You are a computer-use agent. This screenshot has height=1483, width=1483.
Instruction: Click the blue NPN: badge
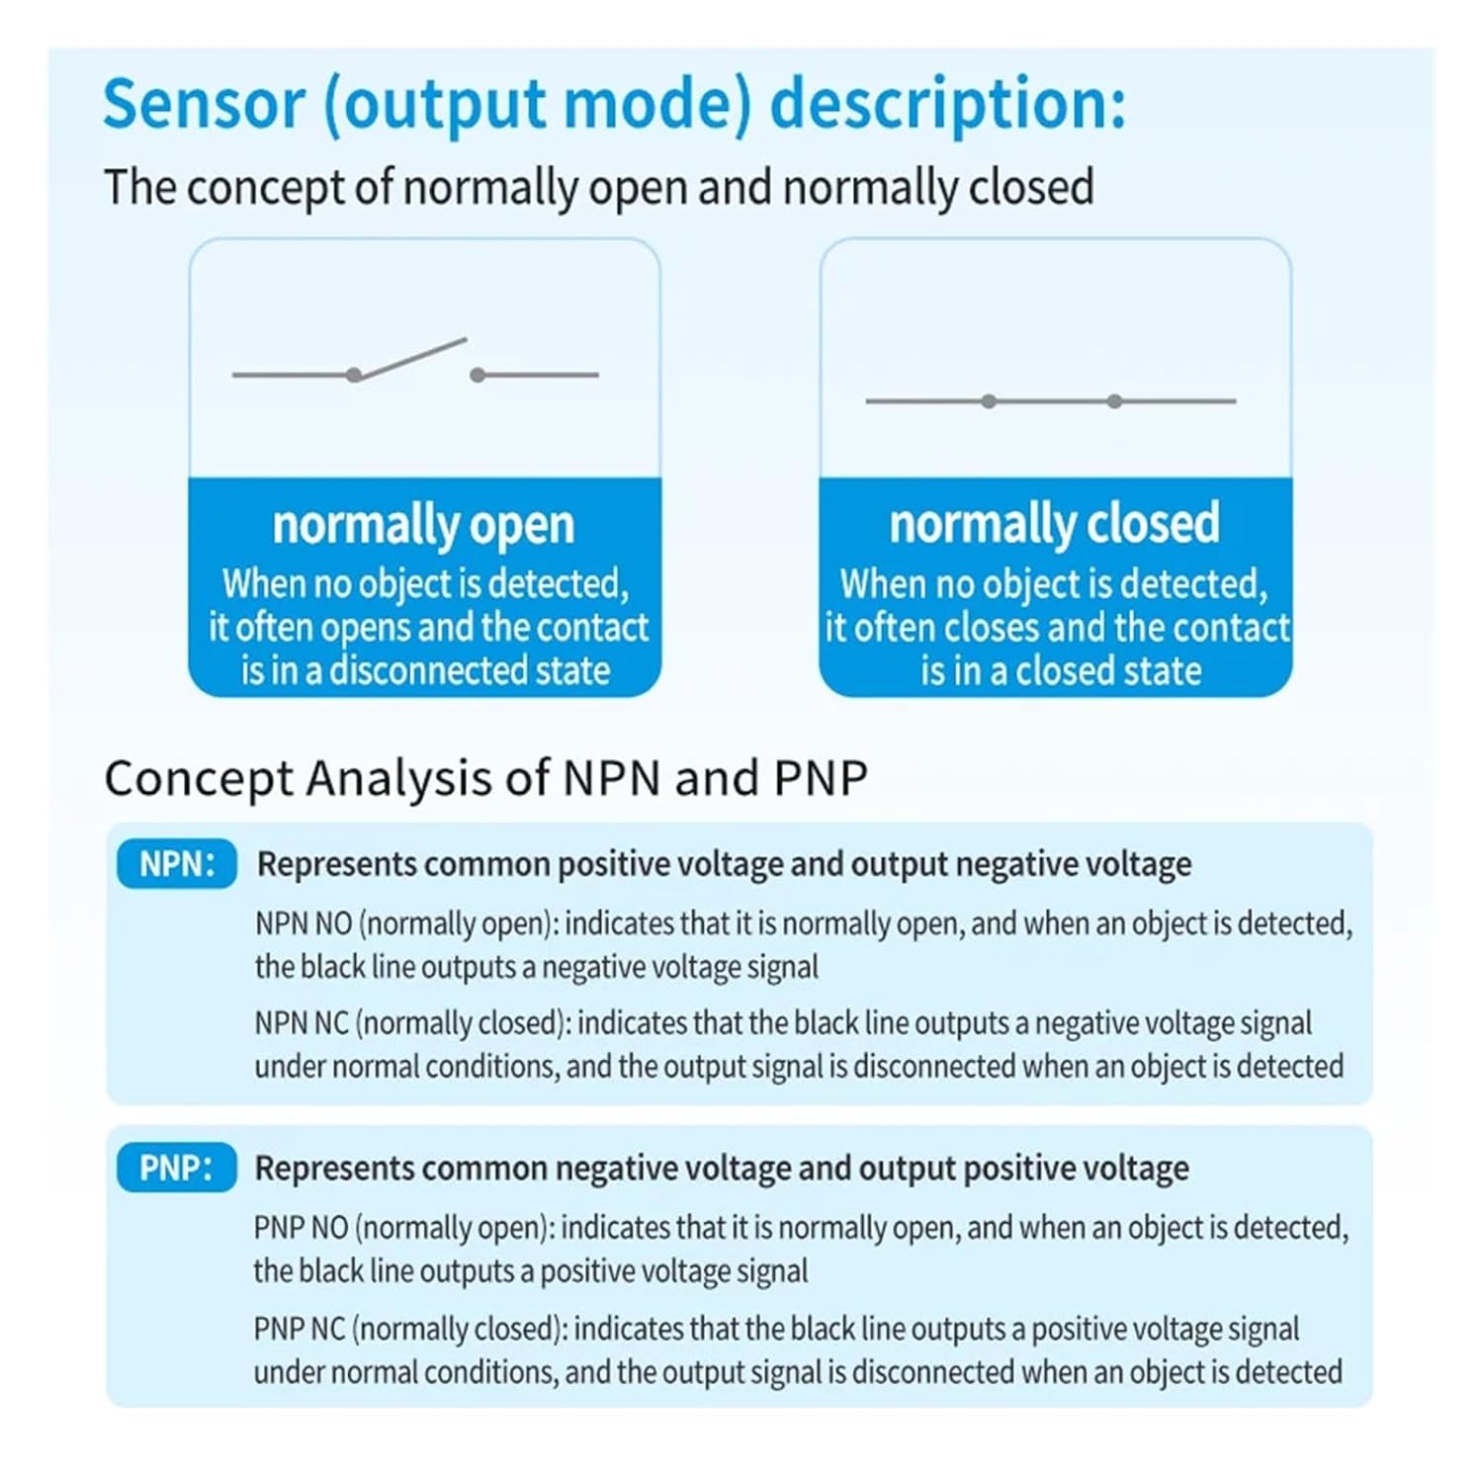(177, 864)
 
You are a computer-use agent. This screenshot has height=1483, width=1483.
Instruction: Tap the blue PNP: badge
(177, 1168)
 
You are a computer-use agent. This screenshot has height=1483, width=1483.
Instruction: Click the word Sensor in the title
(204, 103)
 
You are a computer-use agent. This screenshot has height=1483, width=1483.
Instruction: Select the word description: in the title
(947, 103)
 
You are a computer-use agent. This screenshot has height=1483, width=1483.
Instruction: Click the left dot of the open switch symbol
(354, 375)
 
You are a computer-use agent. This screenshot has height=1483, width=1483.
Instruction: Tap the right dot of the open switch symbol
(478, 375)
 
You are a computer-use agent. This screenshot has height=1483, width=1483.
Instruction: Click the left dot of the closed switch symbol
(989, 400)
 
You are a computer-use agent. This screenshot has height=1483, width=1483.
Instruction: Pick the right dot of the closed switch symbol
(1114, 400)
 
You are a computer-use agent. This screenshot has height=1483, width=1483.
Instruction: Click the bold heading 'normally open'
(423, 525)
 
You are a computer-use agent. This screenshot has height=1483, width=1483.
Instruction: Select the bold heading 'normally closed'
(1054, 523)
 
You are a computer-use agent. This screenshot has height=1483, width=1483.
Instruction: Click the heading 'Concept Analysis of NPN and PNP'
(485, 778)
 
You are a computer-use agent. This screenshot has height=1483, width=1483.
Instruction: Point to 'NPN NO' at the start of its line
(304, 923)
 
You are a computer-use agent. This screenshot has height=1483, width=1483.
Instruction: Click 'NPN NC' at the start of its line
(302, 1022)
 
